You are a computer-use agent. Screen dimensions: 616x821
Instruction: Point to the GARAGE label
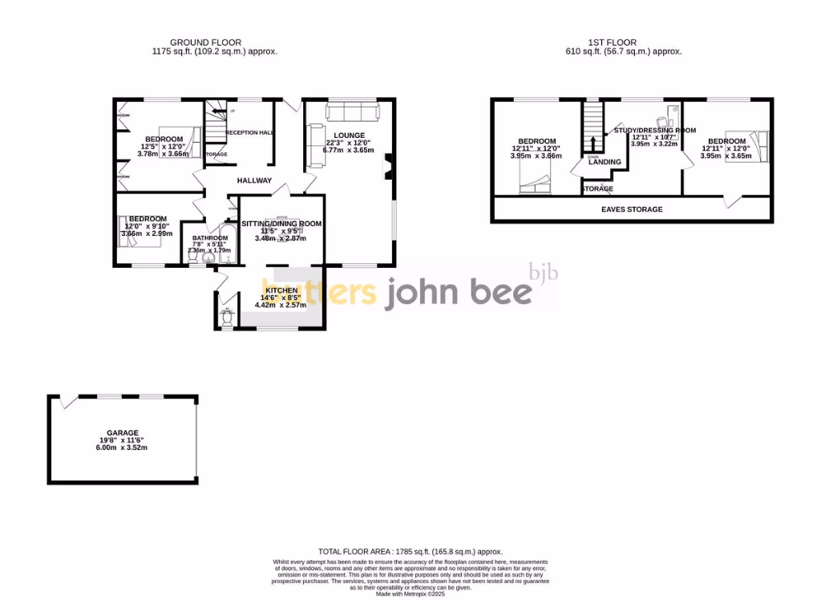point(122,432)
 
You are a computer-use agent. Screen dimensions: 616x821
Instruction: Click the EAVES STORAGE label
point(632,209)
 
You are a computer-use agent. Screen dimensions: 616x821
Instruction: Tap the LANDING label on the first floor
point(605,162)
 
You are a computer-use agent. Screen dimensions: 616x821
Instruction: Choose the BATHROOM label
point(208,238)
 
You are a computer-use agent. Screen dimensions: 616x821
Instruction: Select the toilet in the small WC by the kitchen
point(226,318)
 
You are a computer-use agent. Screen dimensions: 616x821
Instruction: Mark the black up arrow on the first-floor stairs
point(592,143)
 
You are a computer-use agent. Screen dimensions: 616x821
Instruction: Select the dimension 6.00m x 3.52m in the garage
point(122,448)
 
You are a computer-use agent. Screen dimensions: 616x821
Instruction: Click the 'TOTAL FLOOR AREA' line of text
point(410,552)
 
